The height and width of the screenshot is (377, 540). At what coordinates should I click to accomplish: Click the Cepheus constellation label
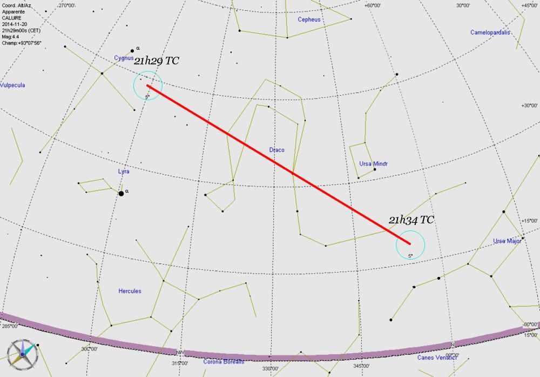point(309,19)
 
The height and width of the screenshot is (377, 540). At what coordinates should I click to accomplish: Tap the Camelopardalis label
point(490,32)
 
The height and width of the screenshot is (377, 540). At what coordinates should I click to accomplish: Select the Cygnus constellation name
point(123,57)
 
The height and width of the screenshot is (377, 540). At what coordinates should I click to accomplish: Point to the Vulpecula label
point(12,85)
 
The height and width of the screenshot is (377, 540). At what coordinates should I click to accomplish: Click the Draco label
point(276,150)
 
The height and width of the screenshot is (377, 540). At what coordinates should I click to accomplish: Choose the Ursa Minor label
point(374,163)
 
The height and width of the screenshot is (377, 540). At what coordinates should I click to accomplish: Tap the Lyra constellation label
point(124,171)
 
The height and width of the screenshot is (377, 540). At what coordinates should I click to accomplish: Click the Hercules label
point(130,291)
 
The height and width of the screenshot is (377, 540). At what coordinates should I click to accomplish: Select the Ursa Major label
point(507,241)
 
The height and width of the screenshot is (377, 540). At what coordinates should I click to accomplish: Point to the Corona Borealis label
point(224,361)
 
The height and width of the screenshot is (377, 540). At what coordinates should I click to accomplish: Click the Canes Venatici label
point(437,358)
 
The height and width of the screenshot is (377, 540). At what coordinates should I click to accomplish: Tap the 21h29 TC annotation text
point(156,61)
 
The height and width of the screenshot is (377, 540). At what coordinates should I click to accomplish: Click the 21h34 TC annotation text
point(411,220)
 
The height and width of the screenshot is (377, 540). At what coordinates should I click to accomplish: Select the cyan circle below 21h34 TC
point(410,244)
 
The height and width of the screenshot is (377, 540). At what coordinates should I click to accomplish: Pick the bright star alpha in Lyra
point(121,193)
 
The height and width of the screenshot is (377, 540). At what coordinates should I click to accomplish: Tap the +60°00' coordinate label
point(373,5)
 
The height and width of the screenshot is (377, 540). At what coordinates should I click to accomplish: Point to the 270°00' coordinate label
point(67,5)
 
